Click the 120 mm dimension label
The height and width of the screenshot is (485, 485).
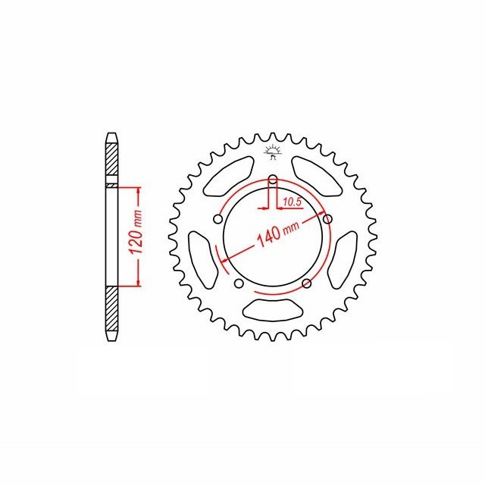coord(136,233)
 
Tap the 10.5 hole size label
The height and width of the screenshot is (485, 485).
coord(292,202)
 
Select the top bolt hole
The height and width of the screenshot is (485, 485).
coord(273,179)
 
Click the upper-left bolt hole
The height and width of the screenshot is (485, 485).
coord(218,219)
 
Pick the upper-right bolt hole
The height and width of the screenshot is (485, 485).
coord(327,219)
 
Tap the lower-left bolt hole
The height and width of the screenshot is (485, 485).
coord(239,283)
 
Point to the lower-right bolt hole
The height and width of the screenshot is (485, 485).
coord(306,283)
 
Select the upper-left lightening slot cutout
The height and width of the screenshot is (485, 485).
coord(229,176)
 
